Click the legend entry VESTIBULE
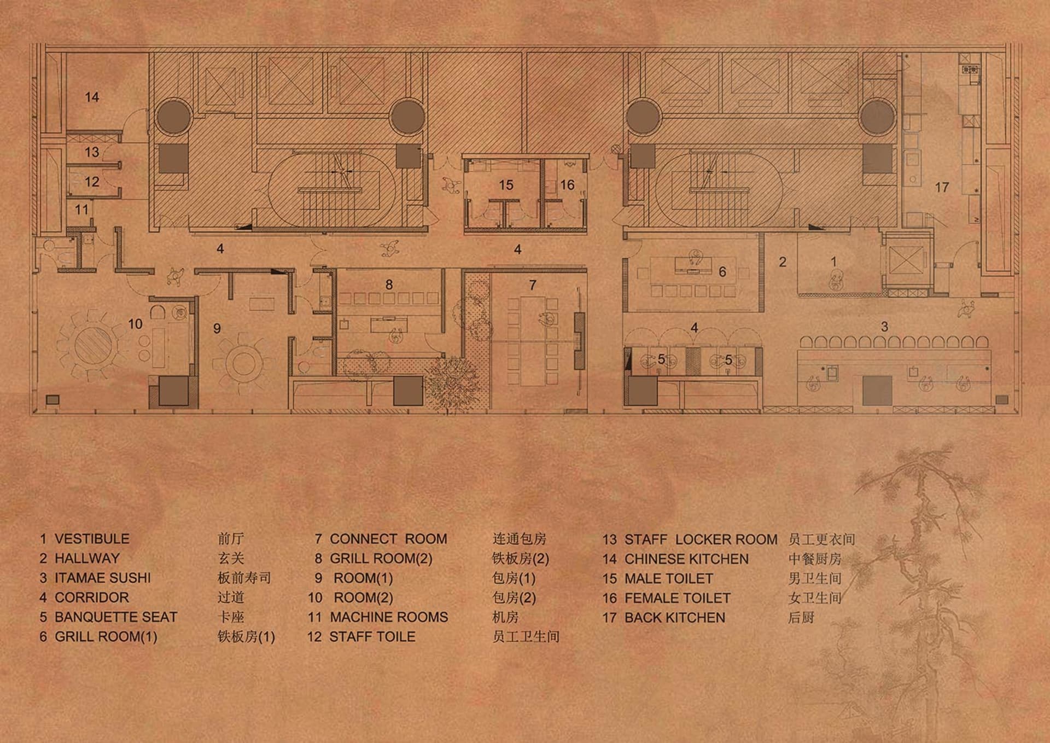[92, 539]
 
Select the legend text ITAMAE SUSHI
[103, 578]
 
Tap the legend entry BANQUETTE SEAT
[116, 617]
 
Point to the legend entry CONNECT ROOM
[388, 539]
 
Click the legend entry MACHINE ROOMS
[389, 617]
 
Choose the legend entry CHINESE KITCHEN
[686, 559]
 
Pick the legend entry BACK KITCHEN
[675, 618]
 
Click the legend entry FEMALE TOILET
[678, 598]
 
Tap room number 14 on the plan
[92, 97]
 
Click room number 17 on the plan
[941, 188]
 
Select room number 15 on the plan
[506, 185]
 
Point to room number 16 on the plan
[567, 185]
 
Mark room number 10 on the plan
[135, 324]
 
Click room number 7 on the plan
[533, 285]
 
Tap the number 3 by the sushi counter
[884, 327]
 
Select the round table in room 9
[244, 363]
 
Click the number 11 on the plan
[81, 210]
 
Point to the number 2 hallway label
[783, 262]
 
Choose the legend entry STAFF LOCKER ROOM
[701, 539]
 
